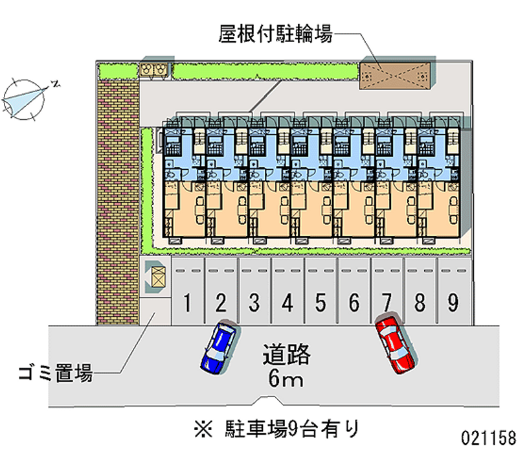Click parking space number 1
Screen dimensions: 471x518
tap(188, 301)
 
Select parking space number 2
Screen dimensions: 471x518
tap(221, 301)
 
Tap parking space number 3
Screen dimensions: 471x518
tap(254, 301)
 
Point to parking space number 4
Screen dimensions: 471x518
tap(287, 301)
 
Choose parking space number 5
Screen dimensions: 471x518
tap(321, 301)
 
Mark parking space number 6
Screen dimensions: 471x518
tap(354, 301)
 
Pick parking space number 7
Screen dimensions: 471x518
tap(387, 301)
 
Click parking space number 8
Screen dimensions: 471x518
tap(420, 301)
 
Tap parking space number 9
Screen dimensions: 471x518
tap(453, 301)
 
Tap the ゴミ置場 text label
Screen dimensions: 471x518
tap(55, 373)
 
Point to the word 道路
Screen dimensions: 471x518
tap(287, 355)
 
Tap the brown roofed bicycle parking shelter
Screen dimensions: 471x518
tap(395, 75)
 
